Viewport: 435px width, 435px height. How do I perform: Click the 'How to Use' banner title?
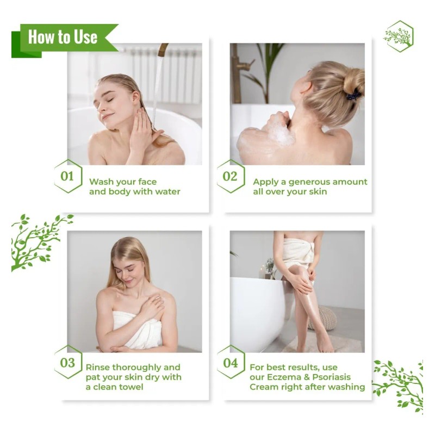click(x=63, y=37)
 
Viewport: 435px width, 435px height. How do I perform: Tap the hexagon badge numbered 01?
click(x=67, y=176)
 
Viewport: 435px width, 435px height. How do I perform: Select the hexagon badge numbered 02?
click(x=231, y=176)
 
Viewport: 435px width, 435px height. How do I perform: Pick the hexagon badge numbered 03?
click(x=67, y=362)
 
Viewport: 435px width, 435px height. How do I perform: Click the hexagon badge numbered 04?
click(x=231, y=362)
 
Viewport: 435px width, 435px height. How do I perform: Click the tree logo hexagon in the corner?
click(x=399, y=36)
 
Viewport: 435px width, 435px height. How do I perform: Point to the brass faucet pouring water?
click(x=162, y=50)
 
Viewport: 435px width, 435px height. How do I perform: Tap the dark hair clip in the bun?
click(x=353, y=96)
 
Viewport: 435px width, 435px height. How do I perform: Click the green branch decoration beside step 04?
click(x=400, y=383)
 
